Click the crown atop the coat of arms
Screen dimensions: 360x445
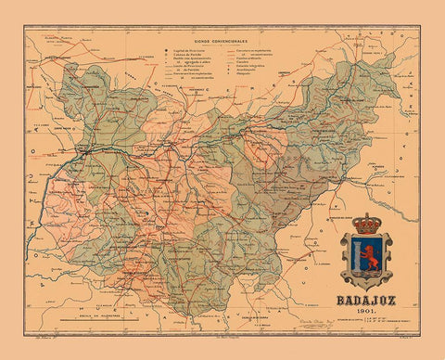[367, 224]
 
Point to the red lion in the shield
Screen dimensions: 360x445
[364, 256]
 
